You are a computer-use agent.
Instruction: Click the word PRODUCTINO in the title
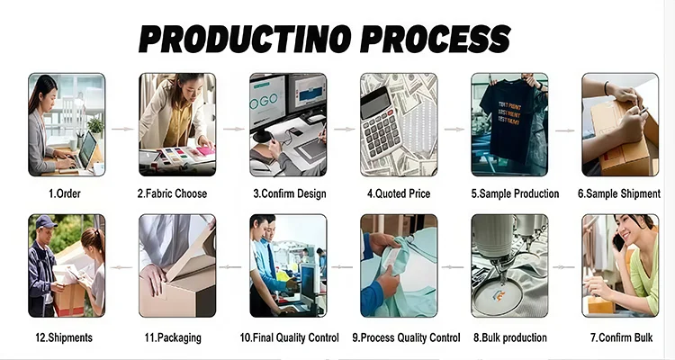[x=244, y=39]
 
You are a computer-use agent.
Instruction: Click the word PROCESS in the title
[x=436, y=39]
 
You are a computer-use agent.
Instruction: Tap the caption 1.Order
[x=65, y=193]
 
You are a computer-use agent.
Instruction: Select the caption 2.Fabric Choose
[x=172, y=193]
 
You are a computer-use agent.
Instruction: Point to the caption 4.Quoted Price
[x=399, y=193]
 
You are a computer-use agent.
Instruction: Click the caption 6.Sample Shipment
[x=619, y=193]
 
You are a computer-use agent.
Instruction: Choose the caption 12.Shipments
[x=64, y=337]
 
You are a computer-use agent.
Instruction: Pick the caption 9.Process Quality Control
[x=406, y=337]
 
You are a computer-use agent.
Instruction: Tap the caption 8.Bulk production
[x=510, y=337]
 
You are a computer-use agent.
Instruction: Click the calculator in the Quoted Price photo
[x=379, y=122]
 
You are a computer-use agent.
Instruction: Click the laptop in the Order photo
[x=85, y=153]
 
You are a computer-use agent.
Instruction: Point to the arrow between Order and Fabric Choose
[x=122, y=129]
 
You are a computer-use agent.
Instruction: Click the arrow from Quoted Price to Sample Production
[x=454, y=129]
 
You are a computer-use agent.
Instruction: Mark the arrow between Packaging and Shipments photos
[x=121, y=267]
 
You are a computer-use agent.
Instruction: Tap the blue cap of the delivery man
[x=45, y=221]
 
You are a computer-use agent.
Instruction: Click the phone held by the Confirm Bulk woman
[x=618, y=242]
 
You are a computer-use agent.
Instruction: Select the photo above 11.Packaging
[x=177, y=265]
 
